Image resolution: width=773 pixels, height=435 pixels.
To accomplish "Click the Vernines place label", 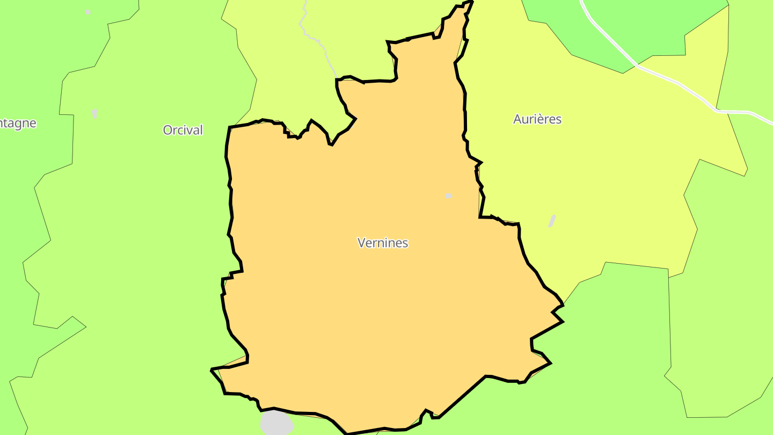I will coord(383,243).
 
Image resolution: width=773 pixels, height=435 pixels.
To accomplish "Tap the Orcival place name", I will coord(183,130).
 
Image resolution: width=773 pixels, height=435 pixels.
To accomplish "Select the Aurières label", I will coord(537,119).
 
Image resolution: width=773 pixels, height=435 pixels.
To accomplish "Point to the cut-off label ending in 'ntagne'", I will coord(18,123).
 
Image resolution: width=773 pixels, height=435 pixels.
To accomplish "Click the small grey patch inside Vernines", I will coord(449,196).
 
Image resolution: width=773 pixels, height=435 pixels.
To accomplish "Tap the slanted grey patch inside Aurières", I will coord(552,221).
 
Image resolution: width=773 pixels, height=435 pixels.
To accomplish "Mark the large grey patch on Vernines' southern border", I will coord(276,423).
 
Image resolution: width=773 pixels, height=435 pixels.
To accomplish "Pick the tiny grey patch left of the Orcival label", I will coord(95,114).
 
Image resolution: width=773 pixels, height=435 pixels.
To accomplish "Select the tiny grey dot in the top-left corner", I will coord(88,12).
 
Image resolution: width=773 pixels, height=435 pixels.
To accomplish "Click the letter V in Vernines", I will coord(362,243).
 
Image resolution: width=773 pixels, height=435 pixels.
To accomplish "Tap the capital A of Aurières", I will coord(517,119).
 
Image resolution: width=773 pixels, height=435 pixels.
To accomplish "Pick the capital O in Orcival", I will coord(167,130).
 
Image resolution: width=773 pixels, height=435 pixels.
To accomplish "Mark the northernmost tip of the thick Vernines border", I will coord(470,2).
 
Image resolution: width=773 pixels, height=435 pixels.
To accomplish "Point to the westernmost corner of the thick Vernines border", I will coord(212,369).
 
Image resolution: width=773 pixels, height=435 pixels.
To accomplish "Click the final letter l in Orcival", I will coord(201,130).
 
